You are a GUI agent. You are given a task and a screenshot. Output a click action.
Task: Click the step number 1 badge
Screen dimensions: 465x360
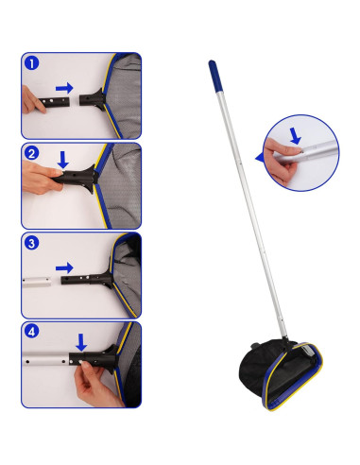coord(31,64)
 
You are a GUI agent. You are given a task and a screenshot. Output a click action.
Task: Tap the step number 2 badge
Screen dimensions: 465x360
coord(31,154)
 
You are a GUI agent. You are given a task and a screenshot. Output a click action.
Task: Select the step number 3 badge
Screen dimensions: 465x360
coord(31,244)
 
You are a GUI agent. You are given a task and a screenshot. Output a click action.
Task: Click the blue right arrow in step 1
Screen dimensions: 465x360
coord(64,88)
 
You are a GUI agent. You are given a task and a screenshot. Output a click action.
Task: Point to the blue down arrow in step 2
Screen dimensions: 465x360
coord(63,160)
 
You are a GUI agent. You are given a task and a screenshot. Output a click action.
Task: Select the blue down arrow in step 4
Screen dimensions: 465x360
coord(82,341)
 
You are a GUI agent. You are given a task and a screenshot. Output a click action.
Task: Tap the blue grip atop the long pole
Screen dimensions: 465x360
coord(214,73)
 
